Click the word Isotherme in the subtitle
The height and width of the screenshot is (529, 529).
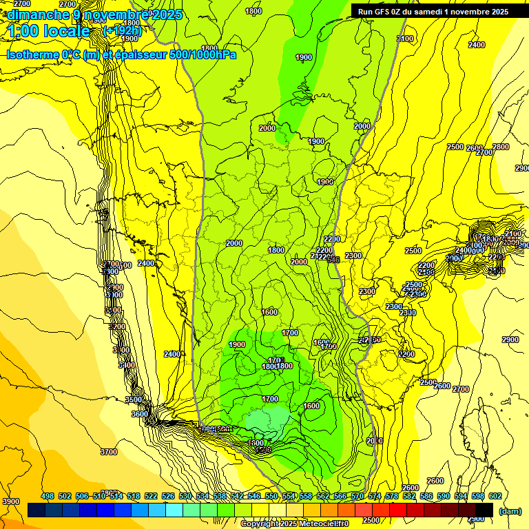pyautogui.click(x=32, y=54)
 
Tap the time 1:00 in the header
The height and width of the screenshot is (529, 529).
pyautogui.click(x=23, y=31)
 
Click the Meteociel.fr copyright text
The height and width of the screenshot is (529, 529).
pyautogui.click(x=295, y=524)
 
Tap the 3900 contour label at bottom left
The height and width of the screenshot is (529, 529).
pyautogui.click(x=11, y=501)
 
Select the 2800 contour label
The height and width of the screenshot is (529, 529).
pyautogui.click(x=501, y=147)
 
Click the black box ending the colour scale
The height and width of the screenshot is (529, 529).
pyautogui.click(x=484, y=509)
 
